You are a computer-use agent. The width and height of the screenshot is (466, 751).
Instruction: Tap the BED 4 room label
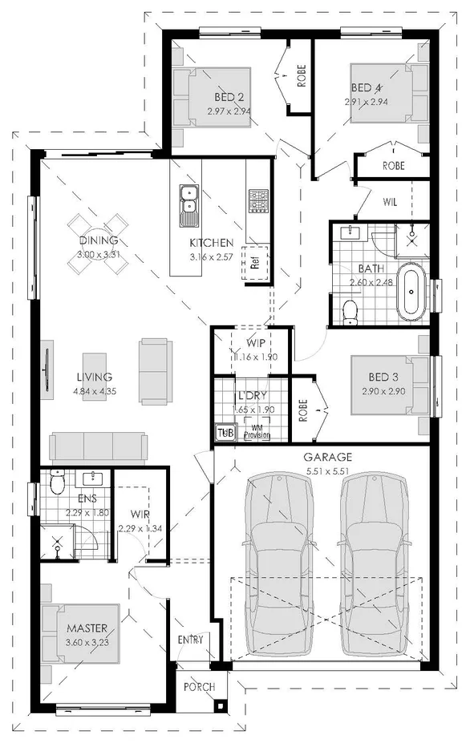point(366,87)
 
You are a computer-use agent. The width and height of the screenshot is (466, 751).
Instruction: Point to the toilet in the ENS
point(56,483)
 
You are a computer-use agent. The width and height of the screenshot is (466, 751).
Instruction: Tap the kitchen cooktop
point(258,201)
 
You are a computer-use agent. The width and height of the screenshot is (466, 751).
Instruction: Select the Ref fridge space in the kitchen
point(255,262)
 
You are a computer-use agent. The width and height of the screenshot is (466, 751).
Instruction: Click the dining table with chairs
point(98,233)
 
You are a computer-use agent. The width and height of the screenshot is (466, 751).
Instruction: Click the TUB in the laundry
point(223,434)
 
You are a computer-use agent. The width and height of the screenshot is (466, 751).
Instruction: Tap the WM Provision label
point(257,433)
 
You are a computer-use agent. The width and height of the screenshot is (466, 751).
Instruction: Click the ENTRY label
point(195,640)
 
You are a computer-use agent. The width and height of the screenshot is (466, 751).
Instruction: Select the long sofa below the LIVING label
point(97,447)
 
